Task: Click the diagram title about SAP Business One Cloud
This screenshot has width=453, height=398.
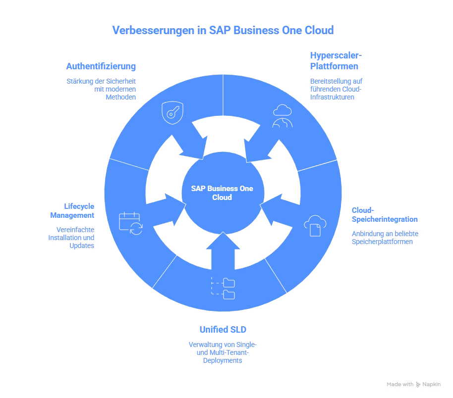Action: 223,30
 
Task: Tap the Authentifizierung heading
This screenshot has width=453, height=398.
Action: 101,66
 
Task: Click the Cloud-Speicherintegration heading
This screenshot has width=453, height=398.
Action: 384,214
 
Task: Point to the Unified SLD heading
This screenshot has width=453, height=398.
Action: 223,329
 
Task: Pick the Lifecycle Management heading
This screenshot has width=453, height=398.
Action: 72,210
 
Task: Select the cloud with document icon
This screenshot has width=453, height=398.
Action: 315,225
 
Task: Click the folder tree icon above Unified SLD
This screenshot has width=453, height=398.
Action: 223,288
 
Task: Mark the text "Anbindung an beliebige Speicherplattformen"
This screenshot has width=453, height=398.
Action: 382,238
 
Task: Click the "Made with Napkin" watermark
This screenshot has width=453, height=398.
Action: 413,384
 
